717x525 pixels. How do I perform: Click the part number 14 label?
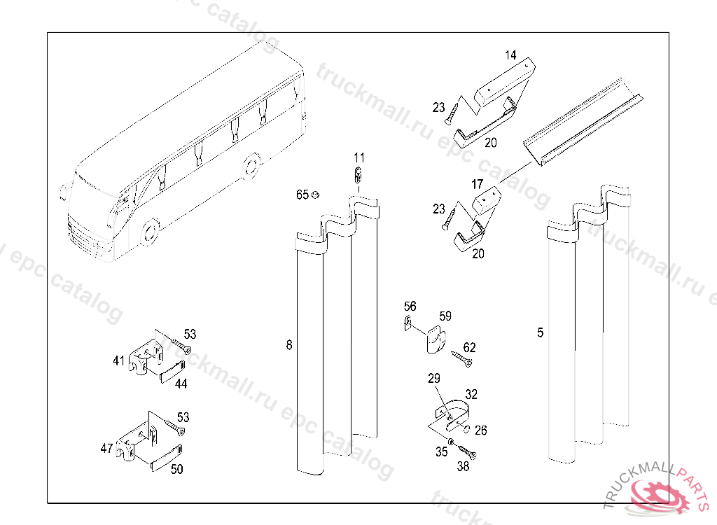pyautogui.click(x=510, y=54)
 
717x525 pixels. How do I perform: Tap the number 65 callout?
pyautogui.click(x=302, y=195)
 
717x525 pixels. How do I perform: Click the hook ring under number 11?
pyautogui.click(x=358, y=174)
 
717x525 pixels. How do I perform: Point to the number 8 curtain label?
pyautogui.click(x=289, y=344)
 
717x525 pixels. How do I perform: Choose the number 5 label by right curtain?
pyautogui.click(x=540, y=332)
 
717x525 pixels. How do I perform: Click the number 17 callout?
pyautogui.click(x=477, y=185)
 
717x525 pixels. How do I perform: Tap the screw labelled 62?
pyautogui.click(x=461, y=358)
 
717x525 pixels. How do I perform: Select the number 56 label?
pyautogui.click(x=410, y=307)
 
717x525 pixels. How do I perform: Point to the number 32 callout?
pyautogui.click(x=471, y=395)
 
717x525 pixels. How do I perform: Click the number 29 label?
pyautogui.click(x=434, y=379)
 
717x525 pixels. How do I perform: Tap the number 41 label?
pyautogui.click(x=118, y=360)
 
